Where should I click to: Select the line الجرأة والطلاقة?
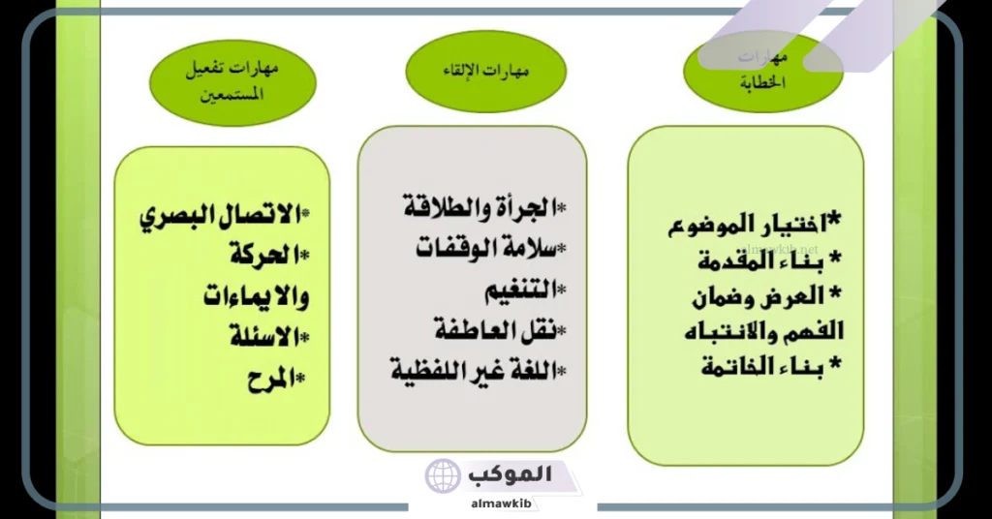tap(480, 207)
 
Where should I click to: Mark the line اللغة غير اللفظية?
tap(475, 370)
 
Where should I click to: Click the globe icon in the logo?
tap(443, 476)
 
